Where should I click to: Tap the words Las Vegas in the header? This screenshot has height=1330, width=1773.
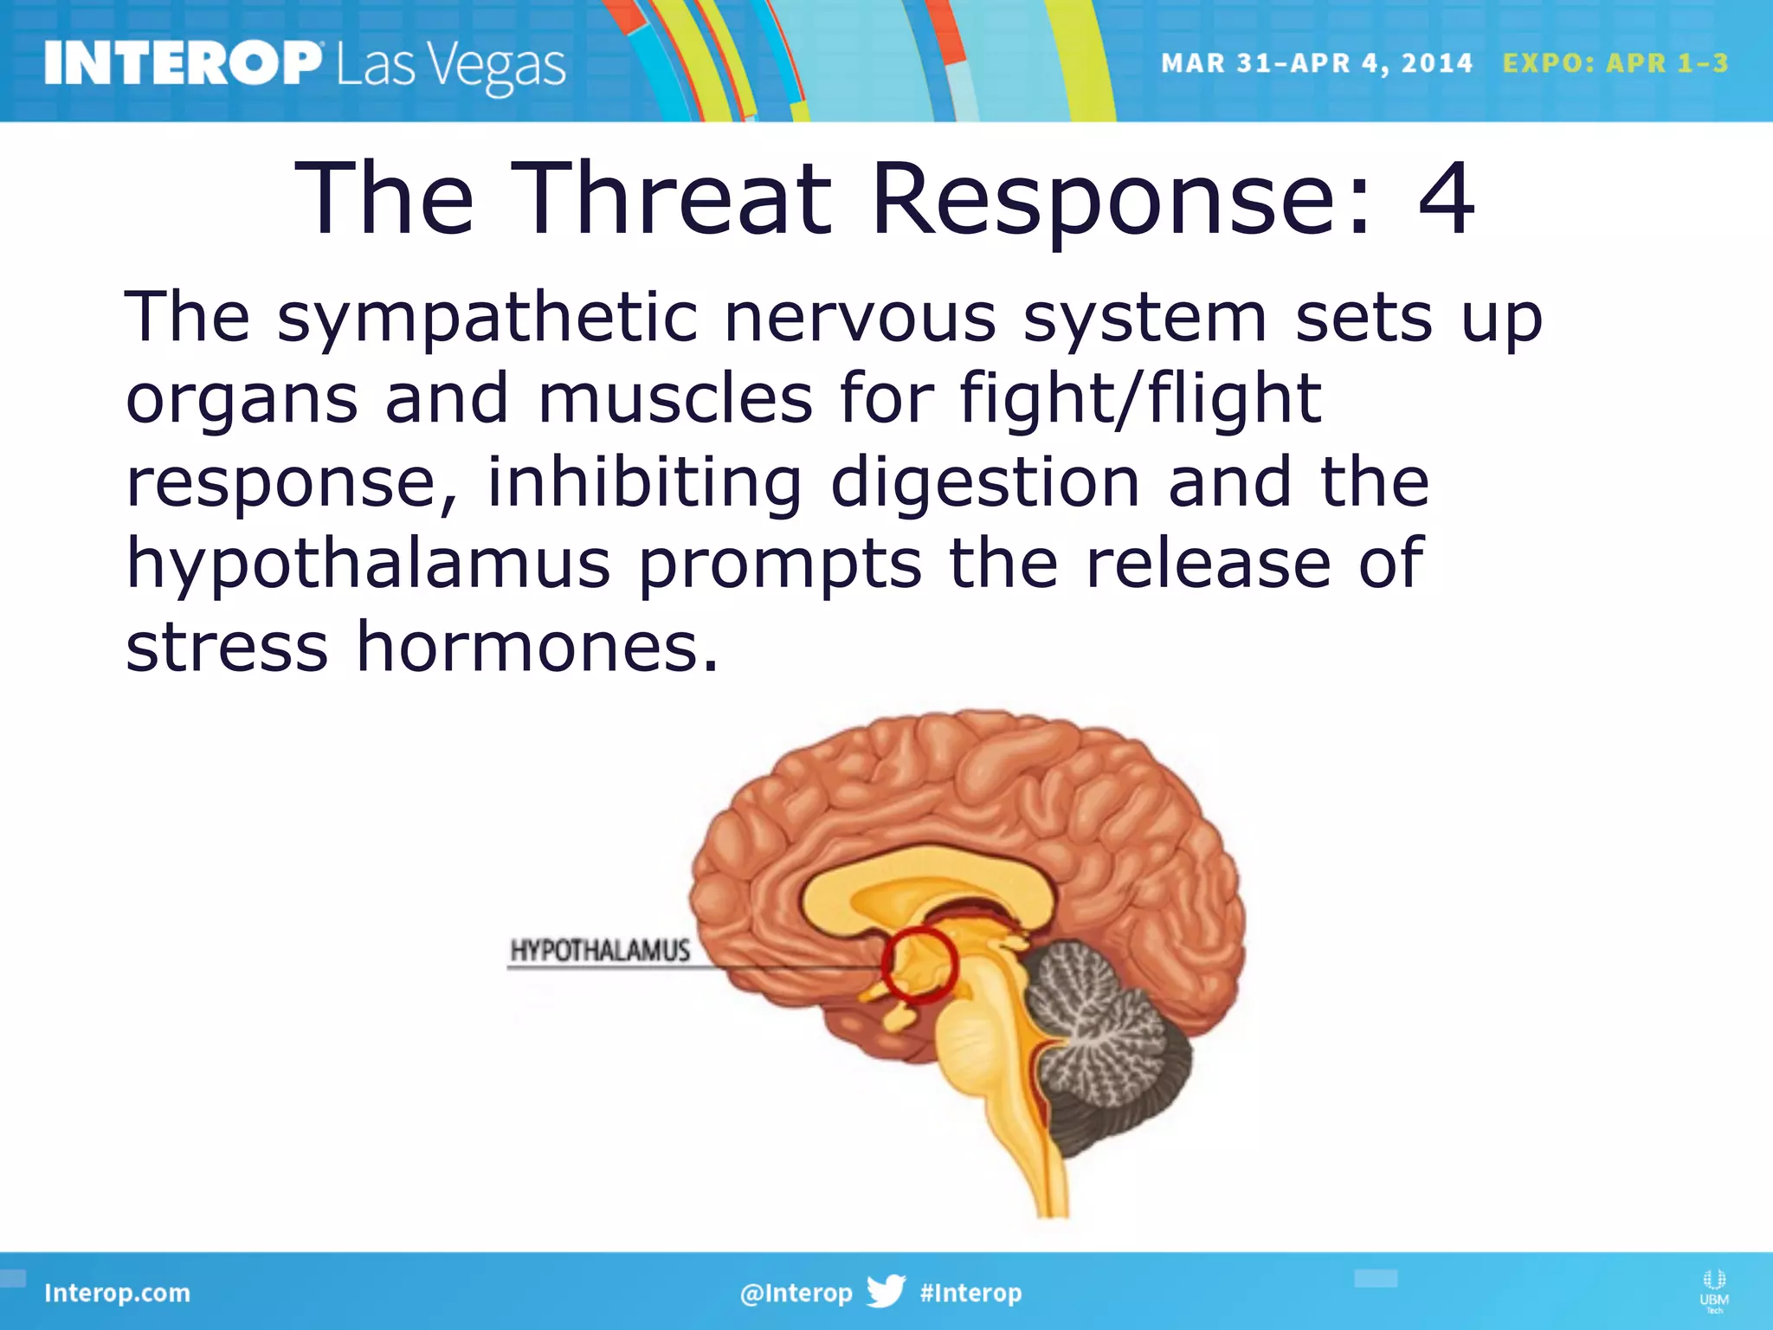coord(450,66)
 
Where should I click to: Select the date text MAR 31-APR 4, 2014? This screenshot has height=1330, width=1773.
coord(1316,63)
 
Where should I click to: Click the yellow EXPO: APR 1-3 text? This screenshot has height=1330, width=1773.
coord(1615,63)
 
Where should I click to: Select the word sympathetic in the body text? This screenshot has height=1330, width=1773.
coord(487,318)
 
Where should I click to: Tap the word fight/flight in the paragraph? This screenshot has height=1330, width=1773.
coord(1140,398)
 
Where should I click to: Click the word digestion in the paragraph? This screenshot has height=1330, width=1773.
coord(984,481)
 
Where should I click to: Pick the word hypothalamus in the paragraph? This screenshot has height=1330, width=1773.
coord(368,563)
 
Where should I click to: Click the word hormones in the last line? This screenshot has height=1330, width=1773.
coord(537,646)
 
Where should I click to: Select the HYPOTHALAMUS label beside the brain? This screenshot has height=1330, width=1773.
coord(600,951)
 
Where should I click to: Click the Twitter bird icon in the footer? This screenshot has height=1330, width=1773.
coord(886,1291)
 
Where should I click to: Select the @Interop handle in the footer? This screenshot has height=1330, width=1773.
coord(796,1293)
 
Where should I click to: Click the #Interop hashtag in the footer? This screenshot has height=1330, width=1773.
coord(970,1293)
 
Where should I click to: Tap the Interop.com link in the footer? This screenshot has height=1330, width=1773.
coord(117,1293)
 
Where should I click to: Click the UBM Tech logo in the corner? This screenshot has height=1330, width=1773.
coord(1713,1291)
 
